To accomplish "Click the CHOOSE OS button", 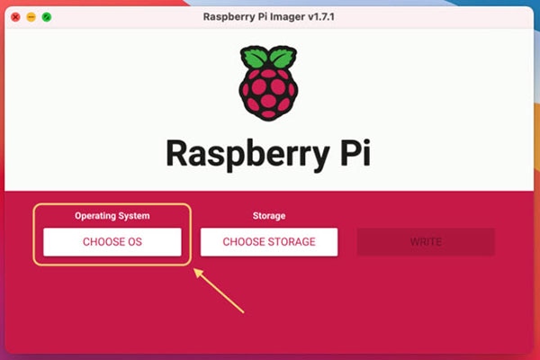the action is pyautogui.click(x=112, y=242).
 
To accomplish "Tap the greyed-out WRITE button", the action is pyautogui.click(x=426, y=242).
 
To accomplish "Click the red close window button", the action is pyautogui.click(x=15, y=17).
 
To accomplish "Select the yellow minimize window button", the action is pyautogui.click(x=31, y=17).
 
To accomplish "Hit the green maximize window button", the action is pyautogui.click(x=47, y=17).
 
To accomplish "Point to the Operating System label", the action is pyautogui.click(x=112, y=216).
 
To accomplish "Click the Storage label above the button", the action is pyautogui.click(x=269, y=216).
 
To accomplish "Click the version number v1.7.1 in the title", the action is pyautogui.click(x=321, y=17).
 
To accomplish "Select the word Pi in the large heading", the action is pyautogui.click(x=355, y=153).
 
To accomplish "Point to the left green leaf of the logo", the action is pyautogui.click(x=254, y=57).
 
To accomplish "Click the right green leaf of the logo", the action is pyautogui.click(x=283, y=57).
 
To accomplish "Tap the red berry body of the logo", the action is pyautogui.click(x=268, y=93).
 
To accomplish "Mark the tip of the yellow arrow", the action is pyautogui.click(x=193, y=269).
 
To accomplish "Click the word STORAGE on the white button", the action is pyautogui.click(x=292, y=242).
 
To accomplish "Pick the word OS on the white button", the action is pyautogui.click(x=135, y=242).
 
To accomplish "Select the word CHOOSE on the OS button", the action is pyautogui.click(x=103, y=242).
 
